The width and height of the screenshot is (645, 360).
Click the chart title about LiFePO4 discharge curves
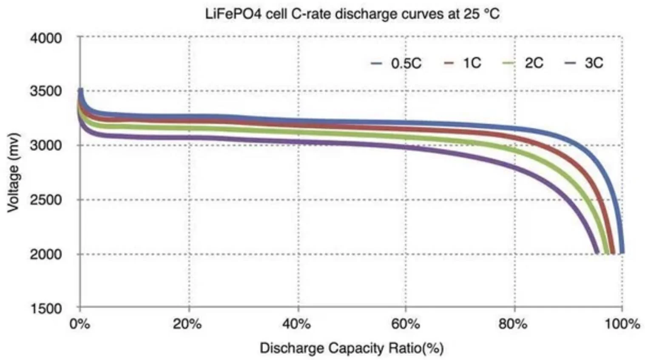click(352, 14)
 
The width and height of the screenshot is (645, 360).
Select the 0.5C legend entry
click(396, 63)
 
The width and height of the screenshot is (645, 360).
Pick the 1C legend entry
click(463, 63)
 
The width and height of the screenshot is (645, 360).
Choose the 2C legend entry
click(523, 63)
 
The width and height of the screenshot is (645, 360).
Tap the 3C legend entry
click(583, 63)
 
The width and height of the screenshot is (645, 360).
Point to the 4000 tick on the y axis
click(46, 38)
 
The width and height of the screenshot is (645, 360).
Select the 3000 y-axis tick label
click(46, 145)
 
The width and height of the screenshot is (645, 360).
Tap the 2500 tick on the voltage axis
click(46, 199)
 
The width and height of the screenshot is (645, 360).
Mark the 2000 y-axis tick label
click(46, 254)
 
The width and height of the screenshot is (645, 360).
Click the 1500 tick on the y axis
click(46, 308)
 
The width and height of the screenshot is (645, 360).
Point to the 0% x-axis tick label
click(80, 324)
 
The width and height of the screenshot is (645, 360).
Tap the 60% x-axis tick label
click(406, 324)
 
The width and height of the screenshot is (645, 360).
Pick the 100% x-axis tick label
click(622, 324)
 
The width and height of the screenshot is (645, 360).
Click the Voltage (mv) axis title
click(14, 173)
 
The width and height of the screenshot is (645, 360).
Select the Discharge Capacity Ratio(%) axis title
click(352, 348)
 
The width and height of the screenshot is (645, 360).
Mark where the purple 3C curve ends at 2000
click(596, 252)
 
